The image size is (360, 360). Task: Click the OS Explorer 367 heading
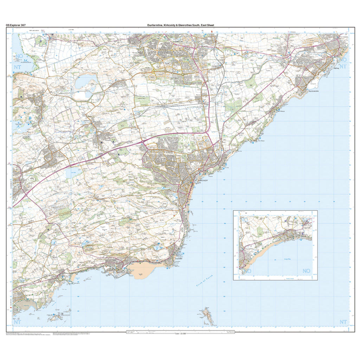point(15,25)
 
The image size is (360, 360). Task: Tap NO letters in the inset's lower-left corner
point(247,271)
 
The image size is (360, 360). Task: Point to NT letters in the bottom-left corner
point(17,322)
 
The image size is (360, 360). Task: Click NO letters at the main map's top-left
point(17,56)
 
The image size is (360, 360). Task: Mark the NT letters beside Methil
point(343,66)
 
